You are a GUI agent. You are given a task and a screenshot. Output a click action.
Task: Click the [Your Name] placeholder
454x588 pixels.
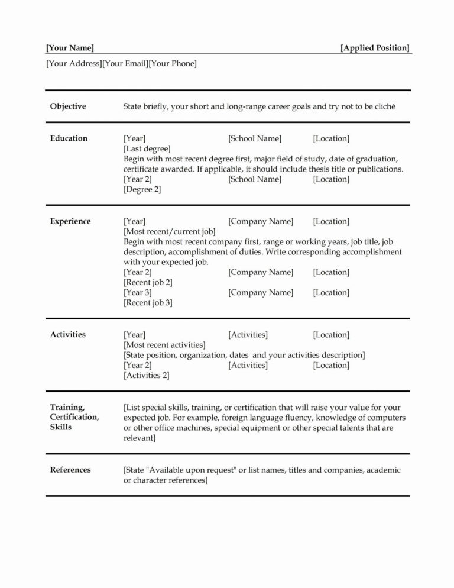pos(70,48)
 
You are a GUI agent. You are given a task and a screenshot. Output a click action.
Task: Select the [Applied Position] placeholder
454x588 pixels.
pos(375,48)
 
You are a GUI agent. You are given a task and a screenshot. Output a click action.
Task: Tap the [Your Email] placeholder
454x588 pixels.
pos(125,63)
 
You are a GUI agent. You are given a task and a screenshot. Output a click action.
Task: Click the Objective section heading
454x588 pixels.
pos(68,106)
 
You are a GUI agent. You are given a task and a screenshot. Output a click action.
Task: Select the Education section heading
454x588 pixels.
pos(69,138)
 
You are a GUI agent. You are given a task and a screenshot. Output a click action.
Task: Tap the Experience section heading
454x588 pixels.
pos(70,221)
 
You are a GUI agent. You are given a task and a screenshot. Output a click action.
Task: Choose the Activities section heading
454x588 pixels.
pos(68,335)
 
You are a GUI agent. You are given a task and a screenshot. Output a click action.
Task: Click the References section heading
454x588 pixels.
pos(70,470)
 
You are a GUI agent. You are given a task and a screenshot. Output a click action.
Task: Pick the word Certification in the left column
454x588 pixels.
pos(74,417)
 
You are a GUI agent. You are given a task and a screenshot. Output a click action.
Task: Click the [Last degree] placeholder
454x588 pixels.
pos(147,148)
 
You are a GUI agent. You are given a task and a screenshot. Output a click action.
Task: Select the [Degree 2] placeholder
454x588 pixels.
pos(142,189)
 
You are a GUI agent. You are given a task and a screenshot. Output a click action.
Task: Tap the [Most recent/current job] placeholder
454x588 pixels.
pos(169,231)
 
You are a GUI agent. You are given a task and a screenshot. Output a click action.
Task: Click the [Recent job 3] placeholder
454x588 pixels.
pos(148,302)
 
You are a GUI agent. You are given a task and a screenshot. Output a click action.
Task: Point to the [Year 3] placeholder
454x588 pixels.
pos(138,292)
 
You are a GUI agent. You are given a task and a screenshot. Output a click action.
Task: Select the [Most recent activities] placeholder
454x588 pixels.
pos(164,345)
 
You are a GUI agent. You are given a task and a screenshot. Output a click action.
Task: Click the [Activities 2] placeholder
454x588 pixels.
pos(146,376)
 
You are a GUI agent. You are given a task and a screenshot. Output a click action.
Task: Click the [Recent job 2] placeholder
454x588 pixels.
pos(148,282)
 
